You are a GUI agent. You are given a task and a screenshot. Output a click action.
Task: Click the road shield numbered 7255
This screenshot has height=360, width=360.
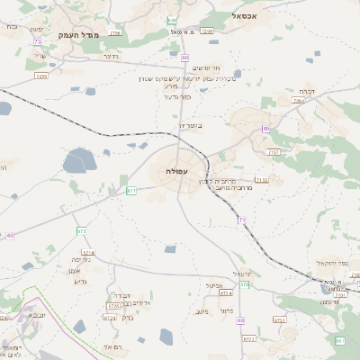(x=40, y=76)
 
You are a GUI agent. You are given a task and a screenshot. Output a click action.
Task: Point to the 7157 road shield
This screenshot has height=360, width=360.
(x=274, y=153)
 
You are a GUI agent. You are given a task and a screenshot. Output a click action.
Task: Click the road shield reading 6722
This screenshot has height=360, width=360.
(x=279, y=319)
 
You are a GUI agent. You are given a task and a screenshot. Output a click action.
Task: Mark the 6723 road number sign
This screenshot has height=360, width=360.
(x=249, y=339)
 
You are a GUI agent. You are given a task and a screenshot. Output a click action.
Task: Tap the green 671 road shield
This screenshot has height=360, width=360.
(x=131, y=191)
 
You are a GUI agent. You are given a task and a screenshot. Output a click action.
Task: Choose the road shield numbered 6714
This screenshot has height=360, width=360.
(x=225, y=293)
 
